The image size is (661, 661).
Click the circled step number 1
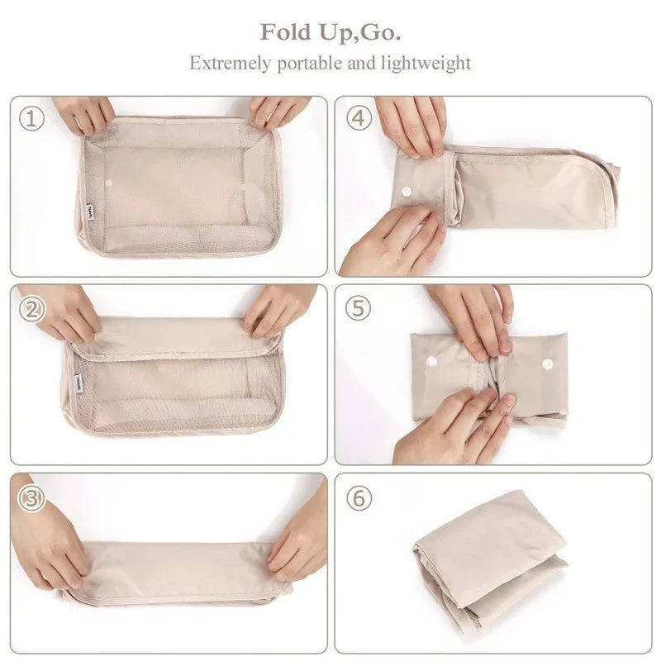pos(31,119)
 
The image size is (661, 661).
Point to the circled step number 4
pos(359,119)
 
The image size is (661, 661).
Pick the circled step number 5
pos(359,309)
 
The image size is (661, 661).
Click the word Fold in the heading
pos(283,33)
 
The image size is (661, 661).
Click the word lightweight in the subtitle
pos(428,63)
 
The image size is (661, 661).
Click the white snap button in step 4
pos(407,191)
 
